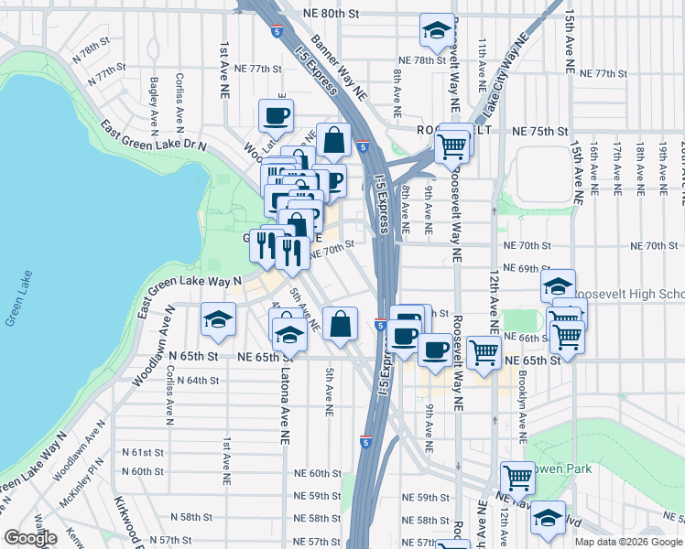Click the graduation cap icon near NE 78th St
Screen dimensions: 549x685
437,30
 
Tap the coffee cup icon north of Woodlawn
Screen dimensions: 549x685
276,115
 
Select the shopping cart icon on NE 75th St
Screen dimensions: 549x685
451,145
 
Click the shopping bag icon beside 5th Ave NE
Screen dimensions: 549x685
340,323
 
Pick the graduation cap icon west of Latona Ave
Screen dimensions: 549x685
219,319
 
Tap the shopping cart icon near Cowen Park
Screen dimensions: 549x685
517,478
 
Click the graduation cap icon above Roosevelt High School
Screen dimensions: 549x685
558,285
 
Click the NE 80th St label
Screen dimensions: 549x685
332,14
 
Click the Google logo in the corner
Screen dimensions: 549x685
30,538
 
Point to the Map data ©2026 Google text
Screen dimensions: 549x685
627,542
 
